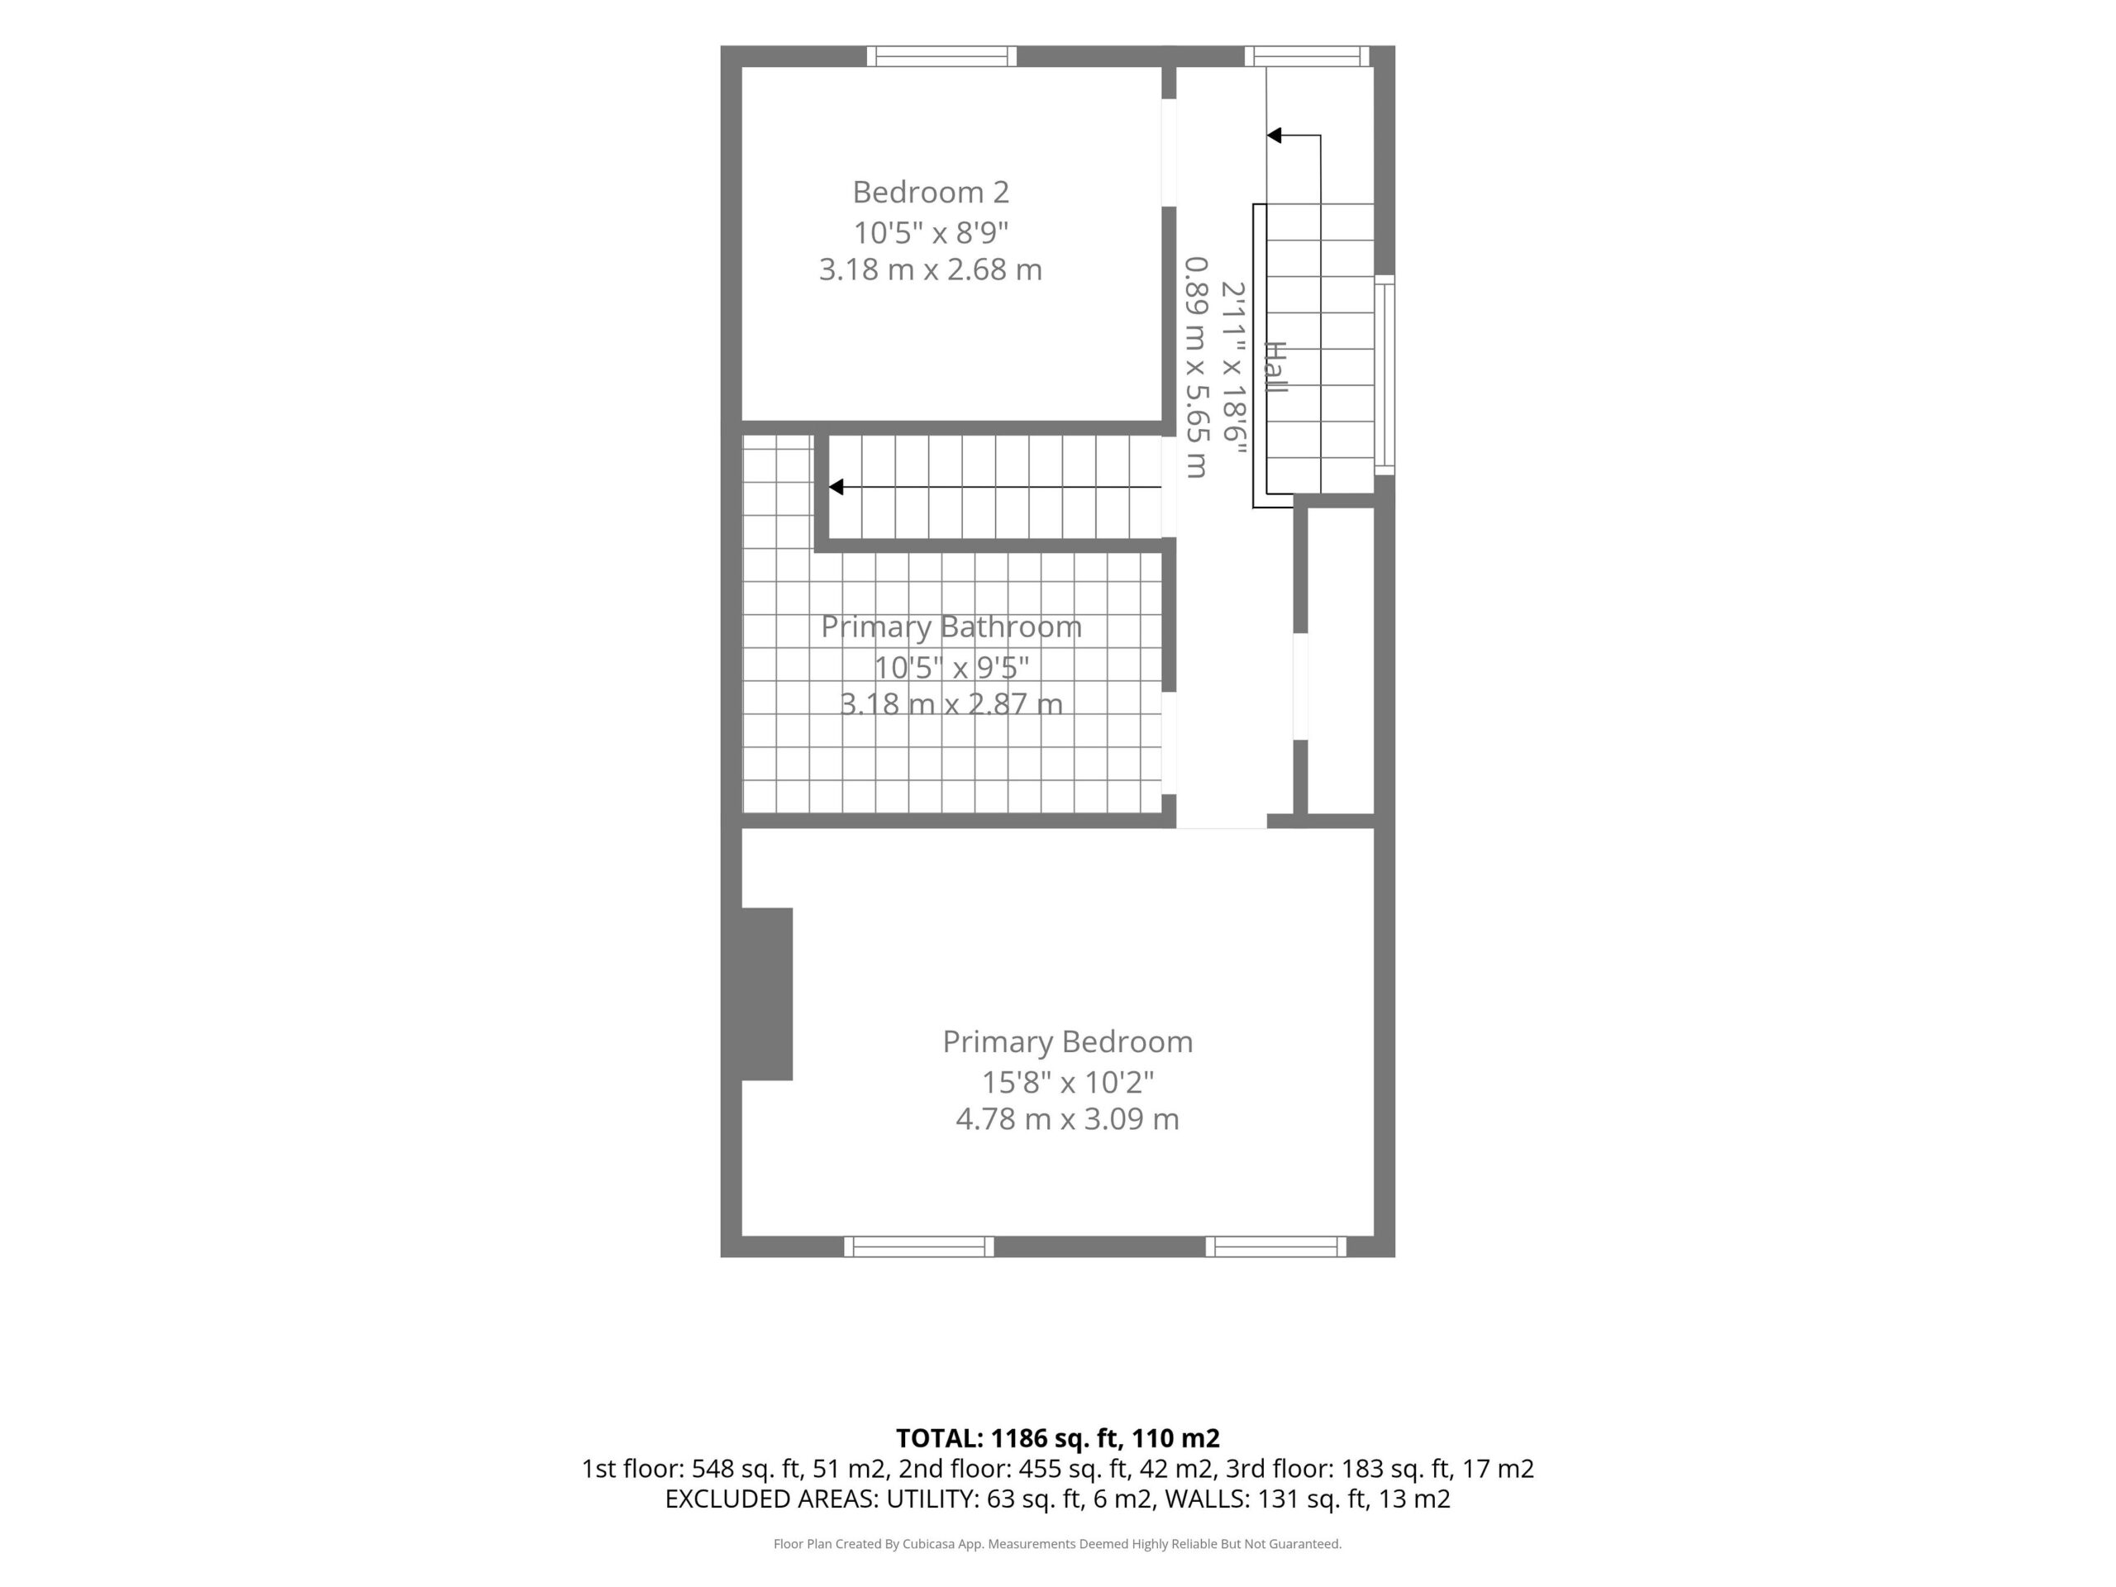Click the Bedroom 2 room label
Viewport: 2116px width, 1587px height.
tap(931, 193)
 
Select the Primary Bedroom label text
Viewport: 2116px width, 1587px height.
tap(1068, 1041)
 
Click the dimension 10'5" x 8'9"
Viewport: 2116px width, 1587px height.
tap(931, 232)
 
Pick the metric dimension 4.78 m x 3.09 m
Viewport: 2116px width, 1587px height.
tap(1068, 1118)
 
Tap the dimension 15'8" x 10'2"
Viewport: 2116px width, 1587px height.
tap(1068, 1082)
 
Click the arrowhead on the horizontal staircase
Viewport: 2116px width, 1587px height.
tap(836, 487)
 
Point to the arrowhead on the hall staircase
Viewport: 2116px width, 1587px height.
tap(1275, 136)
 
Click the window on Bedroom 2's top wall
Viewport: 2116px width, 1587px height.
tap(942, 56)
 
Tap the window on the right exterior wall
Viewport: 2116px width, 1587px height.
tap(1384, 375)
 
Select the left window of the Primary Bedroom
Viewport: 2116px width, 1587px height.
tap(919, 1246)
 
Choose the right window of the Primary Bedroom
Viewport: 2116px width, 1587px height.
tap(1276, 1246)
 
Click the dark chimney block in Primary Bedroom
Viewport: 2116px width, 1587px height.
tap(767, 994)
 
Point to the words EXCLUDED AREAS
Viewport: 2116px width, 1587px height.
tap(771, 1499)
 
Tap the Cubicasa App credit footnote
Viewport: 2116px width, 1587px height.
tap(1057, 1544)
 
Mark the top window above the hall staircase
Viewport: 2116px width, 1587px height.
tap(1307, 56)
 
